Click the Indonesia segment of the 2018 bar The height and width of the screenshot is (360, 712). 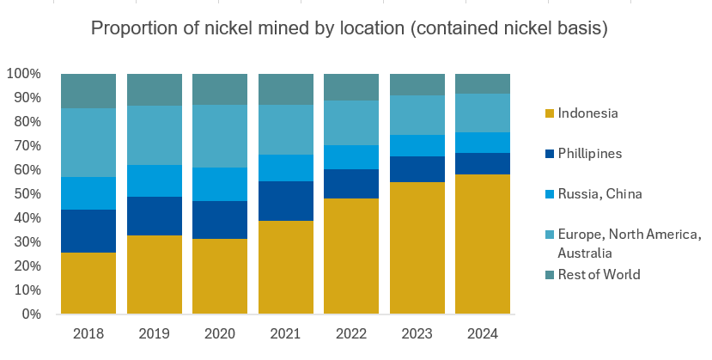[x=88, y=283]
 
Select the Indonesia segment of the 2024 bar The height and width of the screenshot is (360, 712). [x=483, y=244]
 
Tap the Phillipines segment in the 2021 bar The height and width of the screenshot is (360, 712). [x=286, y=201]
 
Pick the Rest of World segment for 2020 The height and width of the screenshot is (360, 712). [x=220, y=89]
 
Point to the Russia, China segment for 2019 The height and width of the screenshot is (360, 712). [x=155, y=180]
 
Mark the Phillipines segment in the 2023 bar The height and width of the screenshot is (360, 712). [x=417, y=169]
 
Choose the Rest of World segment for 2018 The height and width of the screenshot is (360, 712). [x=88, y=90]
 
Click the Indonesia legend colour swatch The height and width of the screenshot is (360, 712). [x=549, y=113]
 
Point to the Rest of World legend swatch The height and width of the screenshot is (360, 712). [x=549, y=275]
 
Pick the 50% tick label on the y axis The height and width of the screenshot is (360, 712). [x=25, y=194]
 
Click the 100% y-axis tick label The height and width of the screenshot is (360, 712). [x=22, y=74]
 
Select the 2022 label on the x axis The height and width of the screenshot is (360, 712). [x=351, y=333]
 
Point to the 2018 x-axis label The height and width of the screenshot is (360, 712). [x=88, y=333]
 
